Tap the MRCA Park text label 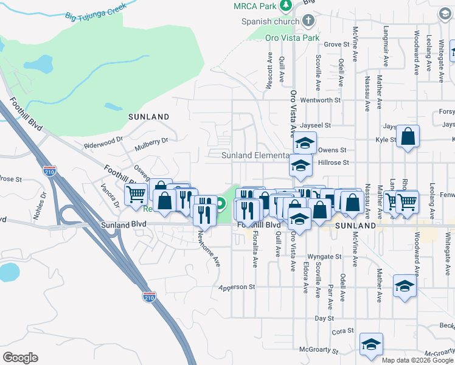coord(254,6)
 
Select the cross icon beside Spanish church coord(308,21)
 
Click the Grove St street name coord(337,44)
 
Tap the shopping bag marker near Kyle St coord(408,137)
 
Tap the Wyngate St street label coord(322,257)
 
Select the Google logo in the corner coord(20,358)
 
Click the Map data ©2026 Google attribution coord(417,360)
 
